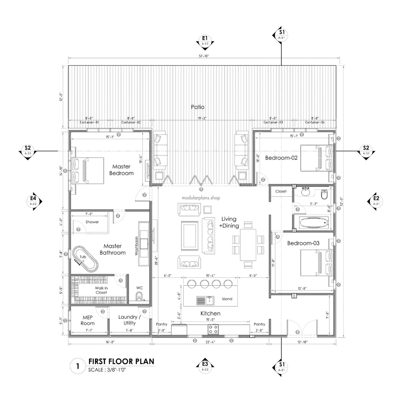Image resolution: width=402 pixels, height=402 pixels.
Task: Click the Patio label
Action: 197,107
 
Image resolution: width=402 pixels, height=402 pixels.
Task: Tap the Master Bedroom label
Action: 121,170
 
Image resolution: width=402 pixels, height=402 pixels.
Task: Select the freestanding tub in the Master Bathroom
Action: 85,259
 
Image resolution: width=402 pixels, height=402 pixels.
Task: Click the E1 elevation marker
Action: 205,40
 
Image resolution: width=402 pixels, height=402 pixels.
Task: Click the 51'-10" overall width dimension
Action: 203,57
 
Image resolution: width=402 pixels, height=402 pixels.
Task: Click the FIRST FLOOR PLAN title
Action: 121,361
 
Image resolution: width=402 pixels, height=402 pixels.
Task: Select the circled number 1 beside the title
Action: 78,367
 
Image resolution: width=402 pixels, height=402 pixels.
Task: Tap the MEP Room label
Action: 88,320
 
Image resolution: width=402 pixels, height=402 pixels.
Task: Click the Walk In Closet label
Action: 101,290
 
